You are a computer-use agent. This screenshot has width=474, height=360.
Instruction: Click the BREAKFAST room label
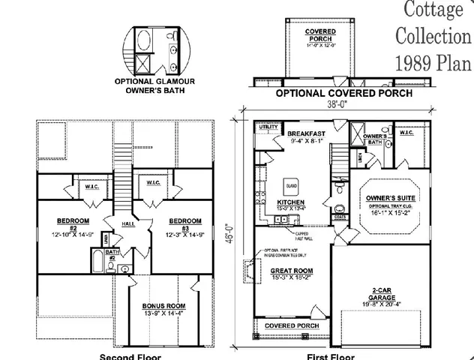coord(305,132)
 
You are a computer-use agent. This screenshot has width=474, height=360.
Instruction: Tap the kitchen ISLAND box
coord(291,184)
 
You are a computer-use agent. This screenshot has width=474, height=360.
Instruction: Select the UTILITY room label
coord(268,128)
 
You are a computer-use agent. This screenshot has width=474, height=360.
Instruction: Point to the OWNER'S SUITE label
coord(385,197)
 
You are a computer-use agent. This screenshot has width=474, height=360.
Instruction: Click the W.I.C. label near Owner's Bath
coord(407,134)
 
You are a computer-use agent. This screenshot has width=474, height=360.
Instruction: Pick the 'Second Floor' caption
coord(130,356)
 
